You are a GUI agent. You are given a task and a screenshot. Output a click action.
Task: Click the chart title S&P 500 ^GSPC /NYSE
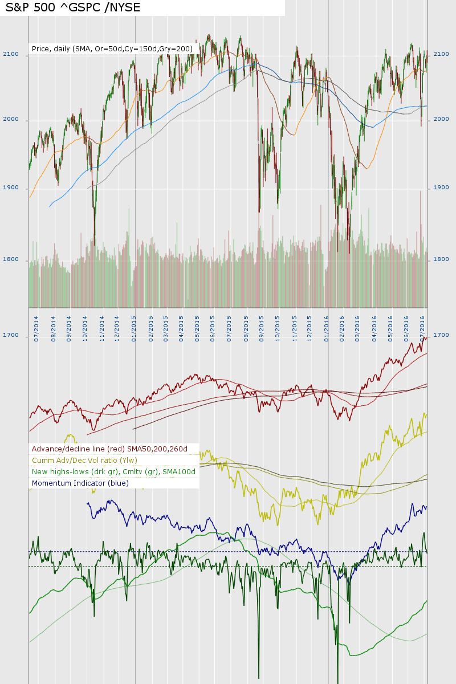pos(72,7)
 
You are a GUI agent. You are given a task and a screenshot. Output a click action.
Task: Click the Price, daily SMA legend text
pos(112,49)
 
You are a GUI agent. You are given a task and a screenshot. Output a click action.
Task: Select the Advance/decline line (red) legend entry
pos(110,449)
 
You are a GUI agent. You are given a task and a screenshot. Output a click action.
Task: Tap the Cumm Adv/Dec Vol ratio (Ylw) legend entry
pos(85,460)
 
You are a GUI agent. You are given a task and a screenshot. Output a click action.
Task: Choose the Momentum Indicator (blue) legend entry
pos(80,483)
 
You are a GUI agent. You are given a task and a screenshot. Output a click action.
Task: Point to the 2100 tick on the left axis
pos(14,55)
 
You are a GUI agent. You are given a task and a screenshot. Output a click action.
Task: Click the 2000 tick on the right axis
pos(441,119)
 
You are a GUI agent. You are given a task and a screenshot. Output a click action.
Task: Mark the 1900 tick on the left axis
pos(14,188)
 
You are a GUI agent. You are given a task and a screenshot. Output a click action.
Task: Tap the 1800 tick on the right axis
pos(441,259)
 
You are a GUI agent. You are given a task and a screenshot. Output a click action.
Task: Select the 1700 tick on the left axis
pos(14,336)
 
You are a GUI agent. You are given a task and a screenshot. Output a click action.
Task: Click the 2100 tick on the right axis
pos(441,54)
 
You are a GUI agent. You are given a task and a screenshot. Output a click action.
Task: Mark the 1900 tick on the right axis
pos(441,188)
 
